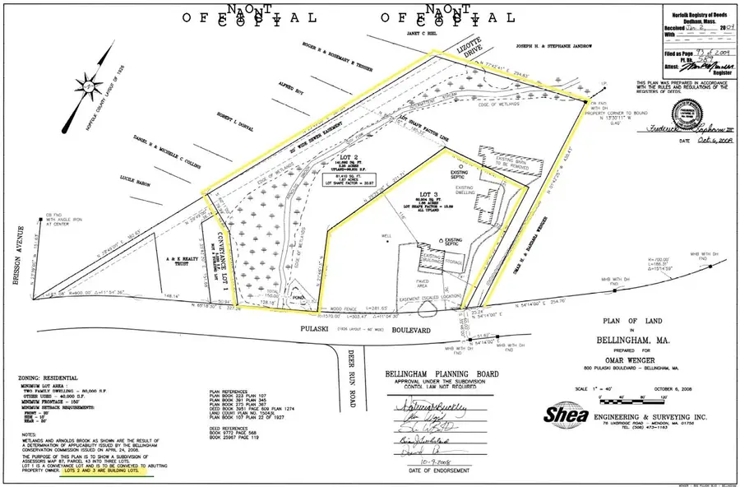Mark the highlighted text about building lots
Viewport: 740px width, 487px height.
click(x=103, y=474)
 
